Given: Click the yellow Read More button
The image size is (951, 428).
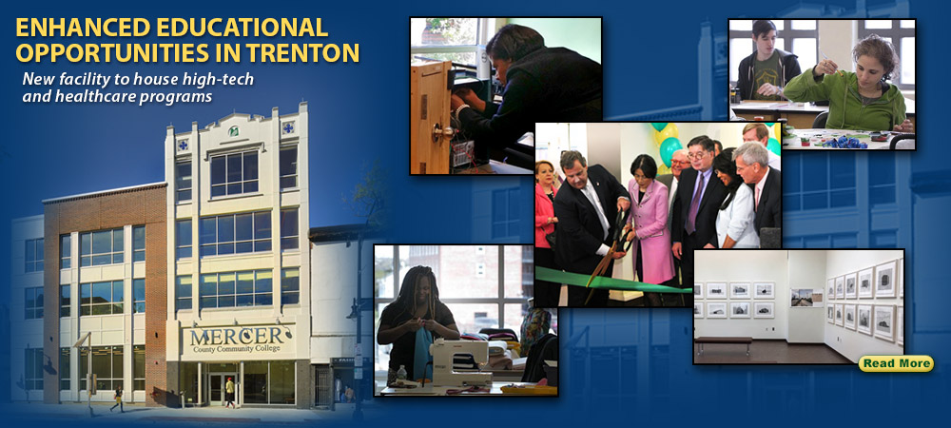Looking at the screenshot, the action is (896, 363).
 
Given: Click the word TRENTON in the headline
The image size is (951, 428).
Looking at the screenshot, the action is (304, 52).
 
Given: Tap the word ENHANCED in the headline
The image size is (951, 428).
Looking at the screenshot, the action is (83, 28).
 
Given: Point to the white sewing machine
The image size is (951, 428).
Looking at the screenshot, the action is (459, 362).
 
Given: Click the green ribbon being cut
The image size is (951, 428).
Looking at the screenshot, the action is (612, 281).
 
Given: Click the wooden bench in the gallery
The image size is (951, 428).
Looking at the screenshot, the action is (724, 342).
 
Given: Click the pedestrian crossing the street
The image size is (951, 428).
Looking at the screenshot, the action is (117, 399).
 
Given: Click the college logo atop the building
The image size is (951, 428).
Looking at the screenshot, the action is (234, 131).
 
